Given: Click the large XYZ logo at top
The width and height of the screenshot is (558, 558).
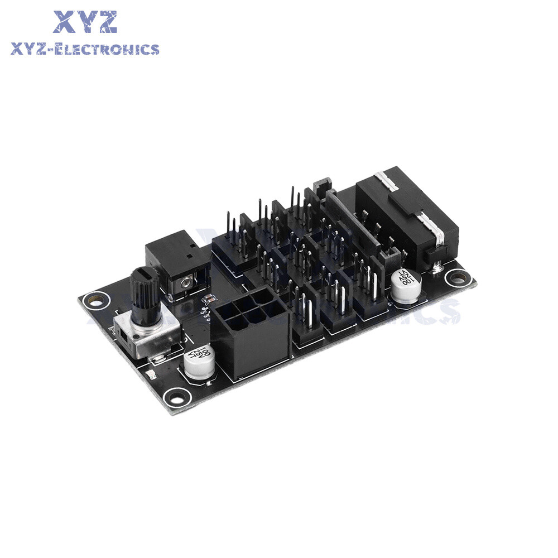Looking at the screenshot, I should coord(85,23).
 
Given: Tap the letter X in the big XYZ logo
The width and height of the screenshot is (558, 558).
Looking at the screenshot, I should coord(65,23).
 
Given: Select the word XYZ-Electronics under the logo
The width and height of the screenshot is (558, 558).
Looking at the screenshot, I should coord(85,49).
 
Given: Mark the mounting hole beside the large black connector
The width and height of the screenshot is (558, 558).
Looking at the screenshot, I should coord(459,275).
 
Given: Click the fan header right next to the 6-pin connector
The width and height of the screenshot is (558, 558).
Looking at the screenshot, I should coord(306,321).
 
